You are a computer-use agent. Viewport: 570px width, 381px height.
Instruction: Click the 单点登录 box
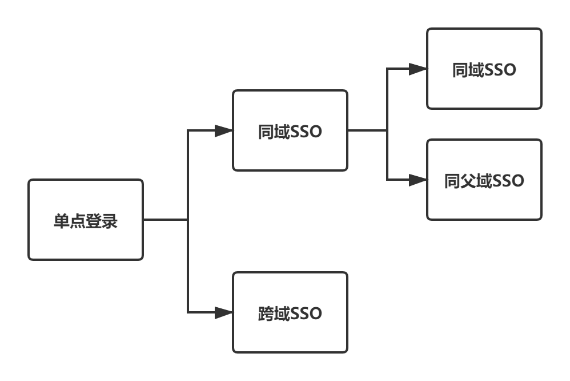click(86, 220)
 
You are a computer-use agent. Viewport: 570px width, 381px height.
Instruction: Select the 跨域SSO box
click(290, 312)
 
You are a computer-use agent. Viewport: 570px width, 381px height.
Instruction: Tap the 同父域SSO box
click(484, 180)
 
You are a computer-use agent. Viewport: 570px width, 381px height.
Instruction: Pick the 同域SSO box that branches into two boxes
click(290, 130)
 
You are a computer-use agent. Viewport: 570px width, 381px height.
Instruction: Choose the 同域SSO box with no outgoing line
click(484, 69)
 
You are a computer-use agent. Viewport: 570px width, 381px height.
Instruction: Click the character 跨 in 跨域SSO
click(266, 313)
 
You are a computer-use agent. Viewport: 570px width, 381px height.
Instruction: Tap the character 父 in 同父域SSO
click(468, 181)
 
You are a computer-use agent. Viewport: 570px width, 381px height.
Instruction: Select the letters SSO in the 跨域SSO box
click(307, 313)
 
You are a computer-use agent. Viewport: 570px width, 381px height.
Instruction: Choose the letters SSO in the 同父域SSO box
click(508, 181)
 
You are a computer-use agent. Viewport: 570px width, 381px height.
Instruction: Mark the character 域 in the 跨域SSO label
click(282, 313)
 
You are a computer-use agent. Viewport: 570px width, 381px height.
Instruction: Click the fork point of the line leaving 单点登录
click(188, 220)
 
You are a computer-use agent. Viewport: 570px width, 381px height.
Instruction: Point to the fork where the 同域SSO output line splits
click(387, 130)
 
